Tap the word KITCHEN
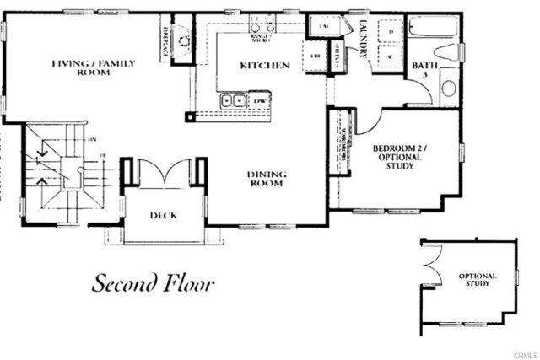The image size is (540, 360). [x=265, y=65]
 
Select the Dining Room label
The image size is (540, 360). [x=267, y=180]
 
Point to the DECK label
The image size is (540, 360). [x=162, y=215]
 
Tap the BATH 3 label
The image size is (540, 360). [x=421, y=70]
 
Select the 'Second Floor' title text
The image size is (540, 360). [x=153, y=283]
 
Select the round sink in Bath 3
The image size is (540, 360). [x=449, y=88]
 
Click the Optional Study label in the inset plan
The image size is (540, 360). [x=478, y=280]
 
